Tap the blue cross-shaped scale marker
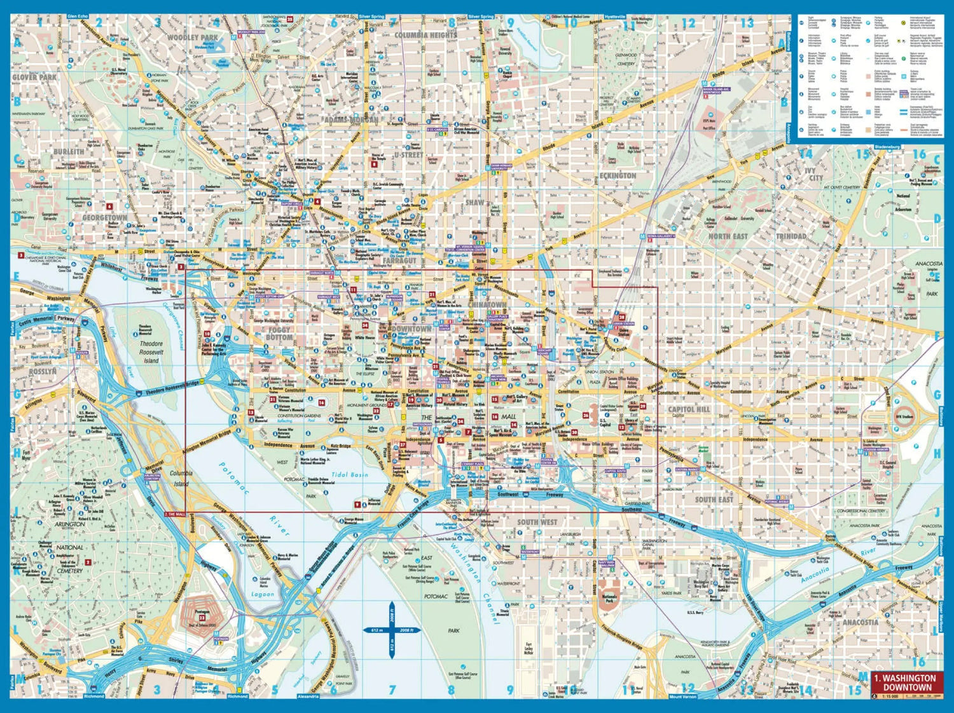pos(392,630)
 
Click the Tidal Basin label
pos(349,475)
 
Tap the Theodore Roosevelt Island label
pos(151,352)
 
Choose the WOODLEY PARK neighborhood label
pos(192,37)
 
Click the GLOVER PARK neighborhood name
pos(34,77)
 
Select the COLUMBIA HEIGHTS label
pos(425,36)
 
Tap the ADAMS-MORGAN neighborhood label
pos(351,119)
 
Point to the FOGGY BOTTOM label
pos(279,334)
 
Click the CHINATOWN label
pos(488,305)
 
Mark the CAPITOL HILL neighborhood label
pos(689,409)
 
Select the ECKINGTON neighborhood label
pos(618,175)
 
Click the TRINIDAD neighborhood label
pos(791,236)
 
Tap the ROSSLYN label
pos(43,371)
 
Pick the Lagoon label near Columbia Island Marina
pos(262,594)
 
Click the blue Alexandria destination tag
pos(308,696)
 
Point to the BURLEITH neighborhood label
pos(69,151)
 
